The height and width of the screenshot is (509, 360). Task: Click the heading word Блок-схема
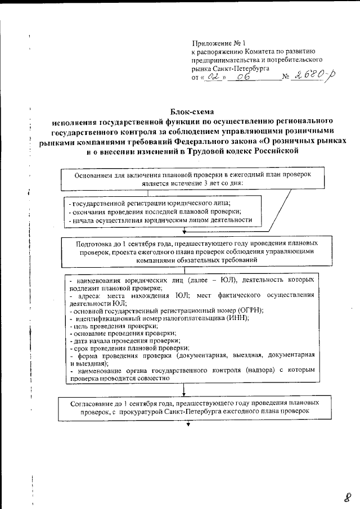tap(193, 111)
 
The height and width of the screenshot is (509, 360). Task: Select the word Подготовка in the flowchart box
tap(94, 244)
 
